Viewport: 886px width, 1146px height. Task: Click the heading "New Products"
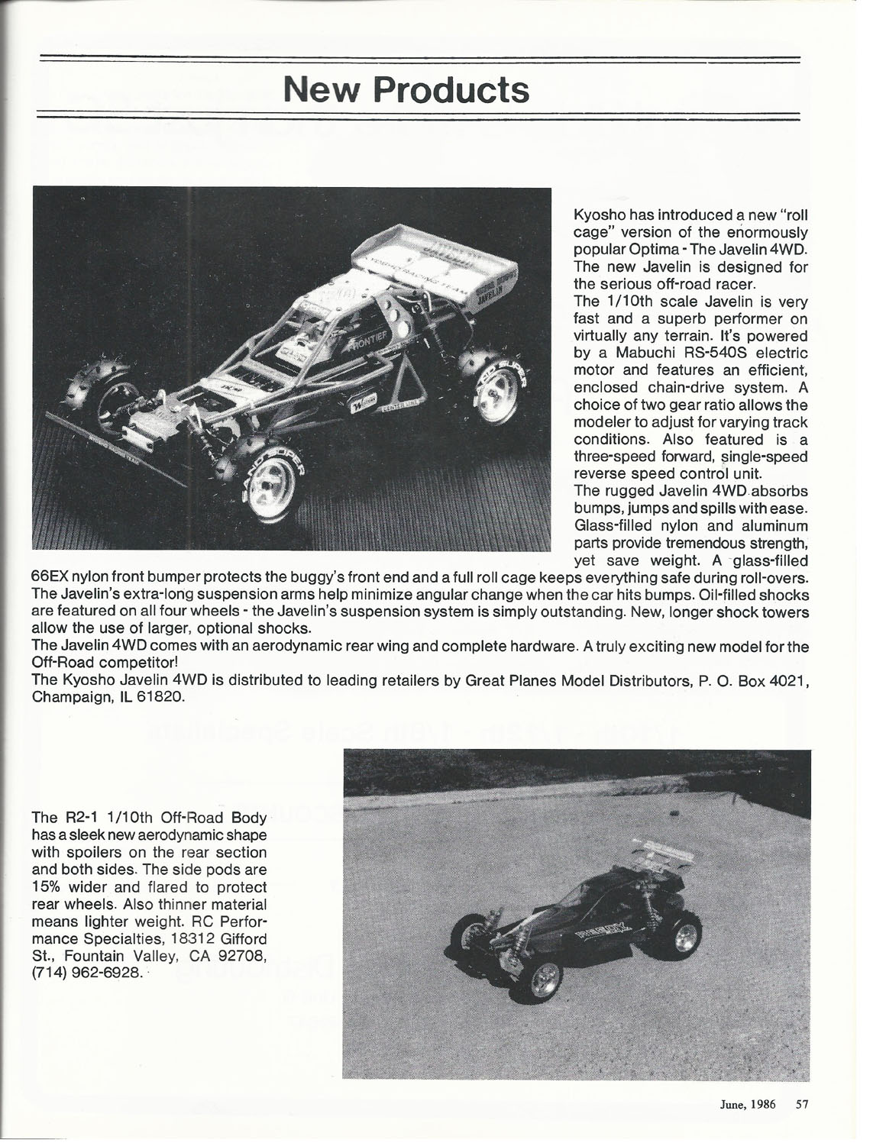[x=406, y=90]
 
